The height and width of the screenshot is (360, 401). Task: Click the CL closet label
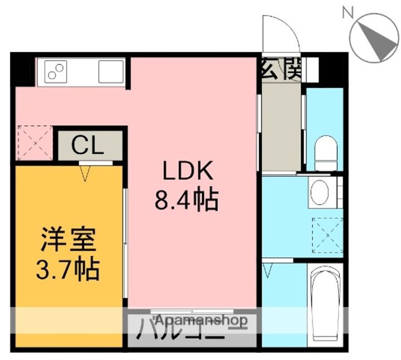pyautogui.click(x=88, y=146)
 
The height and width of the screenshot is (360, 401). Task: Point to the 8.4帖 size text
pyautogui.click(x=187, y=199)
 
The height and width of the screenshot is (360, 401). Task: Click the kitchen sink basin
pyautogui.click(x=111, y=71)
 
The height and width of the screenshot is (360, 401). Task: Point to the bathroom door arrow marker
pyautogui.click(x=268, y=271)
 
